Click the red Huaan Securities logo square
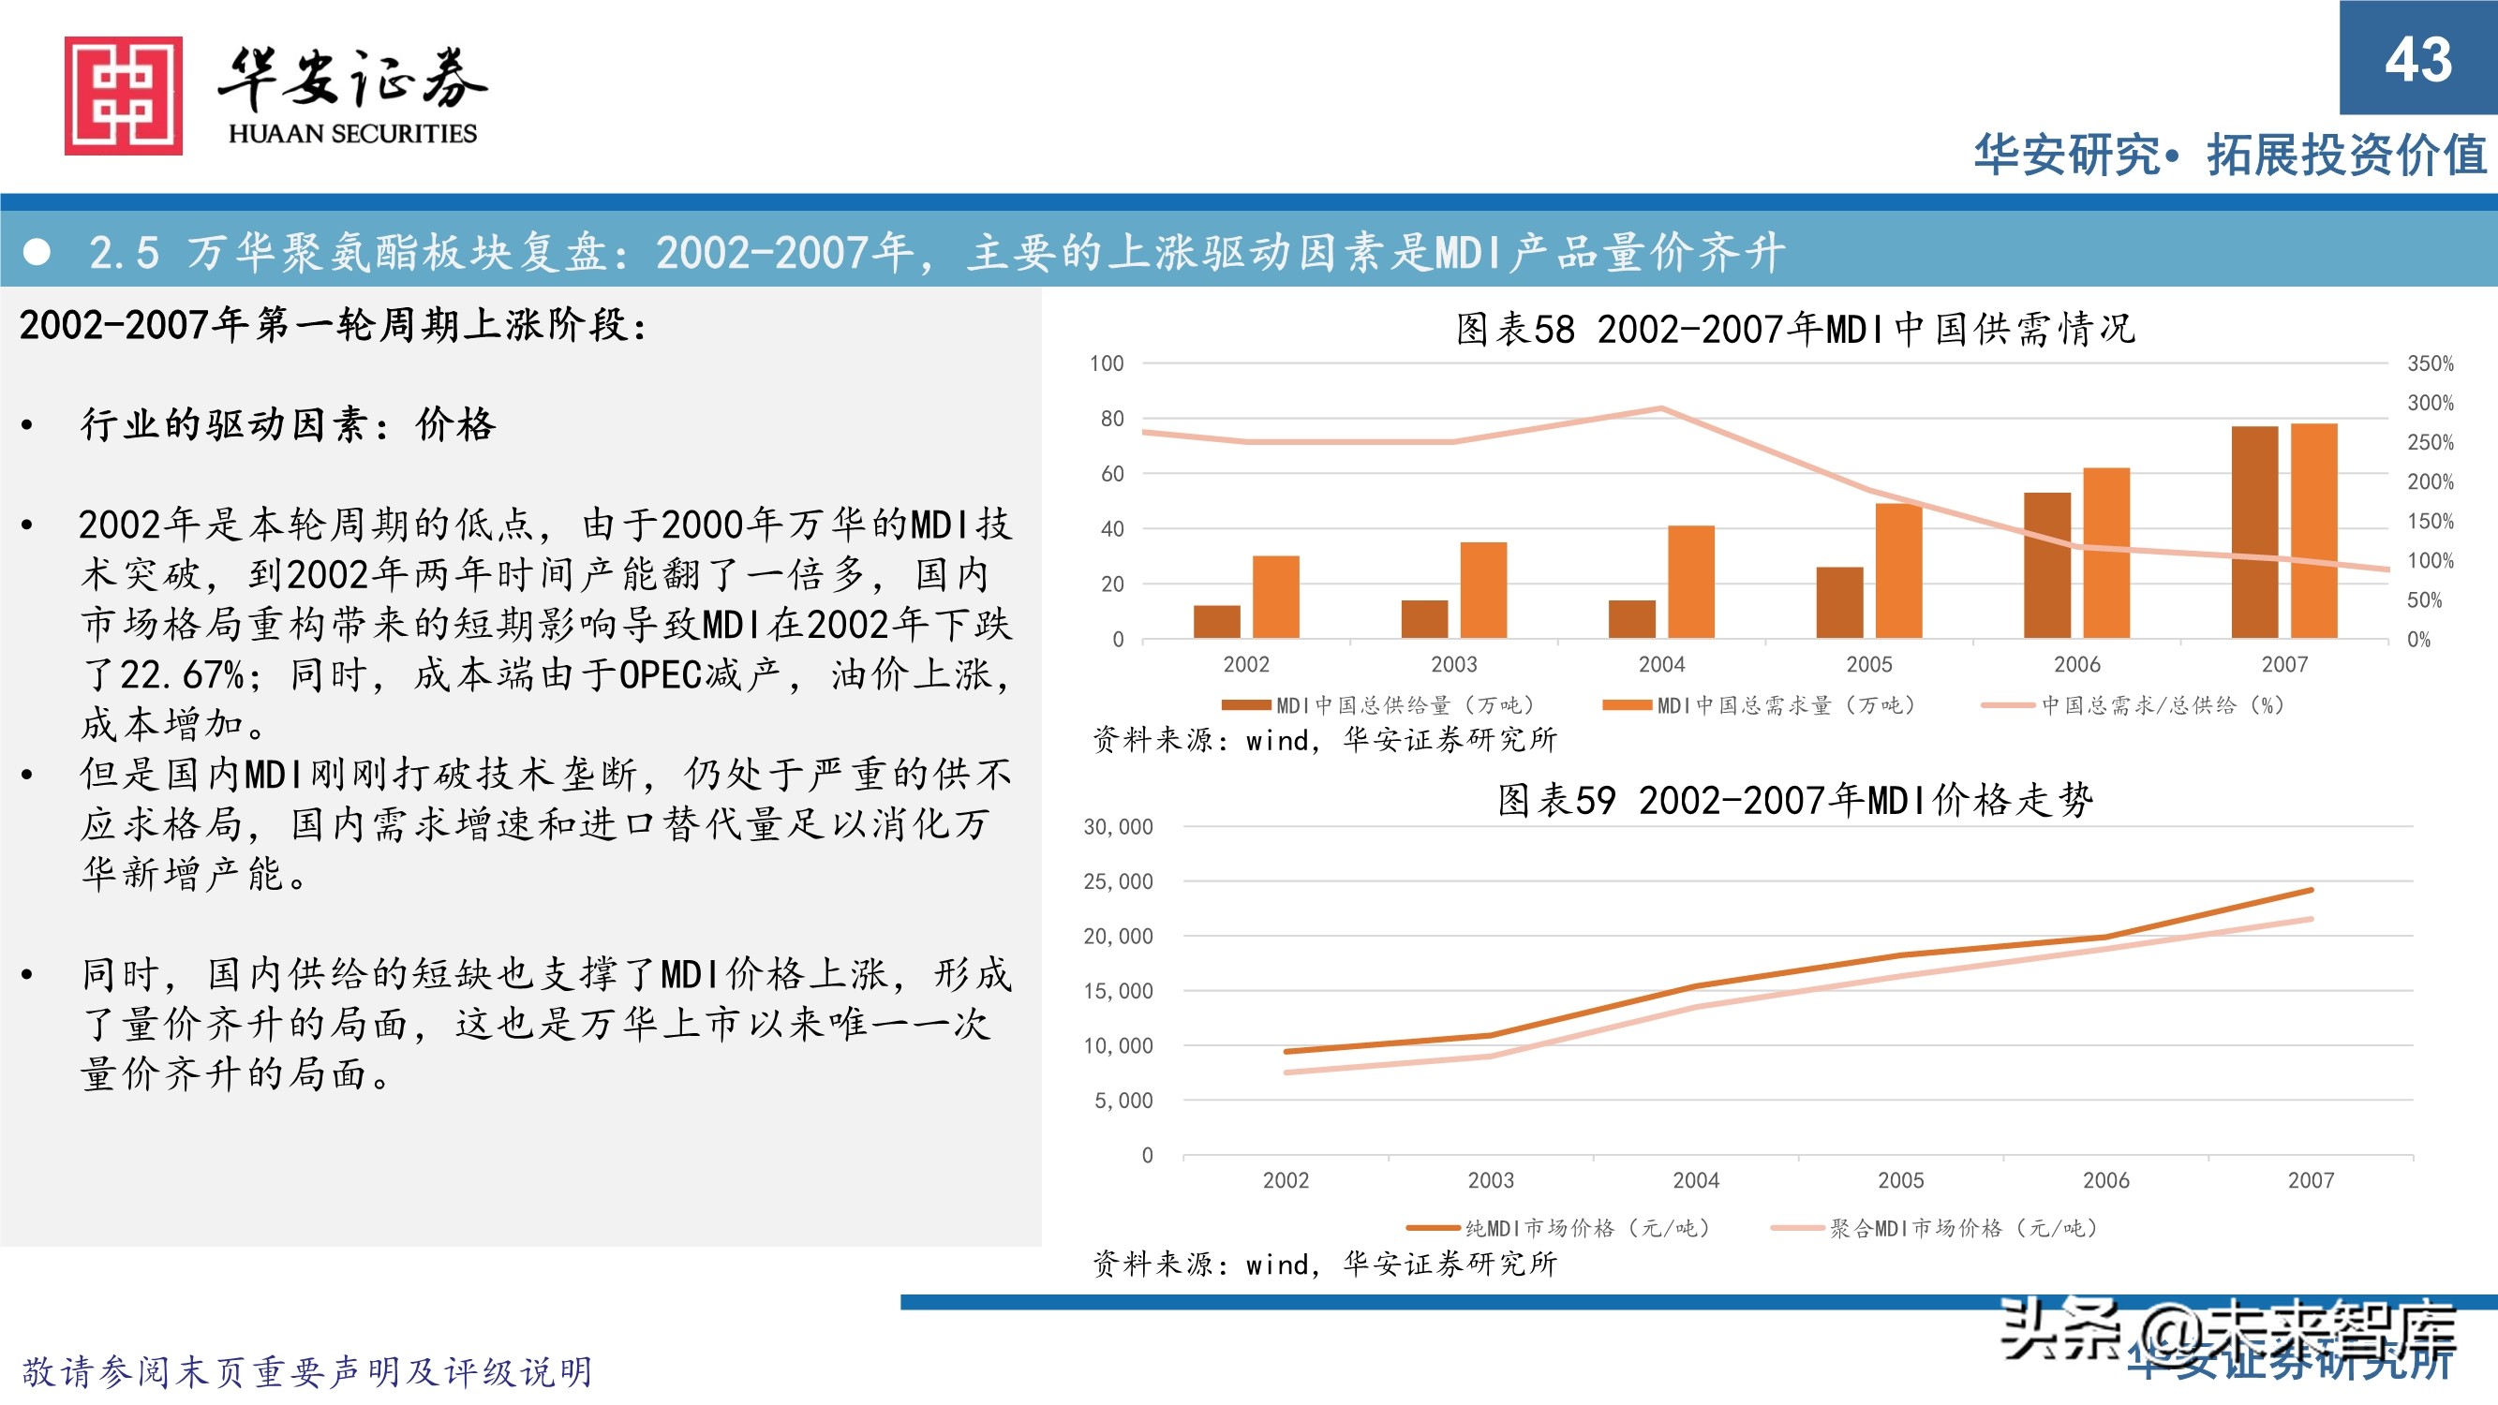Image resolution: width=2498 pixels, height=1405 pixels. [123, 95]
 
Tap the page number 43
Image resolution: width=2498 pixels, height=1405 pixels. [2417, 59]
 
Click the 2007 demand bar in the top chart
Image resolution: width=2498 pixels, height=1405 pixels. [2312, 530]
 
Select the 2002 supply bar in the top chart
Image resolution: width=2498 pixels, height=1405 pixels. [1216, 622]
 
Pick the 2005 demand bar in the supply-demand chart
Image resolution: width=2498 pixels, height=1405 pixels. [1897, 570]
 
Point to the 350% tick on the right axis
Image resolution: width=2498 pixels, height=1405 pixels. [2430, 363]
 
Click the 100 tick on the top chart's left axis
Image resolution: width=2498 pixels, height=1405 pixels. [1106, 363]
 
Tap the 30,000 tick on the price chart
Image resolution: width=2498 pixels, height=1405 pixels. [1117, 827]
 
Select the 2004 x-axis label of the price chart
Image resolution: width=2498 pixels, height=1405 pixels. [1695, 1180]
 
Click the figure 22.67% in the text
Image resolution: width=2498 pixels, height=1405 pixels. [182, 674]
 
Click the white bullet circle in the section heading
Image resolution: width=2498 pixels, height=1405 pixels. [37, 252]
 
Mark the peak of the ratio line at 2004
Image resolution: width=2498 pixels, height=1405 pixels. [1661, 408]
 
